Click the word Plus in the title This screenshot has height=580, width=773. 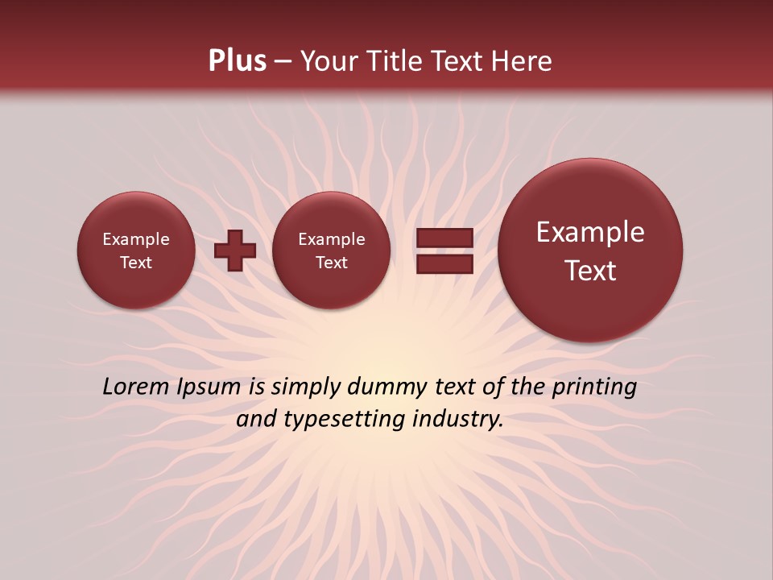click(x=237, y=61)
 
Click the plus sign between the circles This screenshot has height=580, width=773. click(x=234, y=250)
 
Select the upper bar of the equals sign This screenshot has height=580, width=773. click(x=444, y=238)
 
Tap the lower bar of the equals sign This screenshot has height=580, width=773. click(x=444, y=263)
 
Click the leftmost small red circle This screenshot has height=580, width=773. click(x=136, y=250)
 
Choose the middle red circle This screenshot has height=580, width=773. click(x=331, y=250)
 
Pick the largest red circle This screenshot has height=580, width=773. click(x=590, y=250)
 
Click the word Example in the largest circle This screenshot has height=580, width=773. click(x=590, y=232)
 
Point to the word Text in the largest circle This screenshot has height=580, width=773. click(x=590, y=271)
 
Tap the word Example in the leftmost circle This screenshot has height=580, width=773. click(x=136, y=239)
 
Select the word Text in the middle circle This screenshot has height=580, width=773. click(x=331, y=263)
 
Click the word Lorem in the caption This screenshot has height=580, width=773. click(x=131, y=387)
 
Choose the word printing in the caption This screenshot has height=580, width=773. click(x=594, y=387)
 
